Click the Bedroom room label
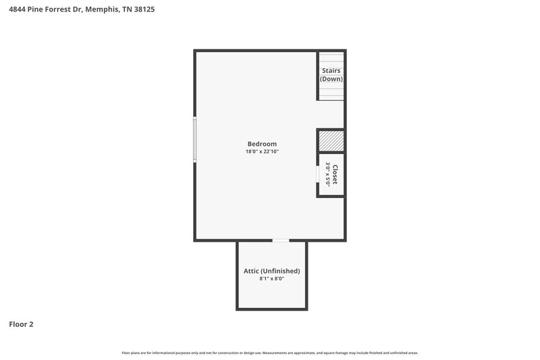pyautogui.click(x=262, y=144)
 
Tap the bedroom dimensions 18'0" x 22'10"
pyautogui.click(x=262, y=152)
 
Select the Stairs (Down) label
pyautogui.click(x=331, y=74)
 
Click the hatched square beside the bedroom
pyautogui.click(x=331, y=141)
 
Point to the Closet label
pyautogui.click(x=335, y=174)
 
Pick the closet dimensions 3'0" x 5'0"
pyautogui.click(x=327, y=174)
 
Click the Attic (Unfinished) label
pyautogui.click(x=271, y=271)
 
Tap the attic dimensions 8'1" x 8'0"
pyautogui.click(x=271, y=279)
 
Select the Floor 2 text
pyautogui.click(x=21, y=324)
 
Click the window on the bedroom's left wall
pyautogui.click(x=195, y=139)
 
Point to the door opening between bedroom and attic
pyautogui.click(x=281, y=240)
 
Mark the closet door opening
pyautogui.click(x=319, y=174)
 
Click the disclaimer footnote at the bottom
pyautogui.click(x=270, y=353)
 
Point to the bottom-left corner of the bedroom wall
pyautogui.click(x=196, y=240)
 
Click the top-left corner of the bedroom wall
pyautogui.click(x=196, y=51)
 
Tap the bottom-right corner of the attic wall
pyautogui.click(x=306, y=309)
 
